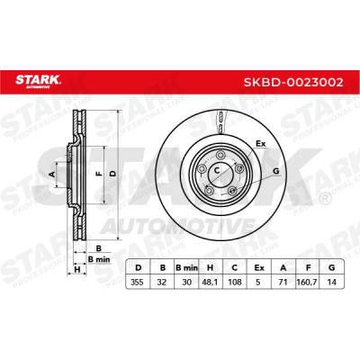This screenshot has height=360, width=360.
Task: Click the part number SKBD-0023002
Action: coord(293,82)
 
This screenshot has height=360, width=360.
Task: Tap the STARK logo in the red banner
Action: coord(38,81)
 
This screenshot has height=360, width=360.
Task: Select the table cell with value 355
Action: coord(139,282)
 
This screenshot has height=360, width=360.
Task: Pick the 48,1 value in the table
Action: coord(211,282)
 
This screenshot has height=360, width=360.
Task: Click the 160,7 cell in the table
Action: coord(308,282)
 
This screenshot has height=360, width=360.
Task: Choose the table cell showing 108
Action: coord(235,282)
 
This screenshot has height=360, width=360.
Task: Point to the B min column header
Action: coord(186,268)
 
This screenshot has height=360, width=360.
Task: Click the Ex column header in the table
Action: coord(259,268)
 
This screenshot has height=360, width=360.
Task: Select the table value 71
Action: coord(283,282)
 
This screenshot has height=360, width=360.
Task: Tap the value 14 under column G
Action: coord(331,282)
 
